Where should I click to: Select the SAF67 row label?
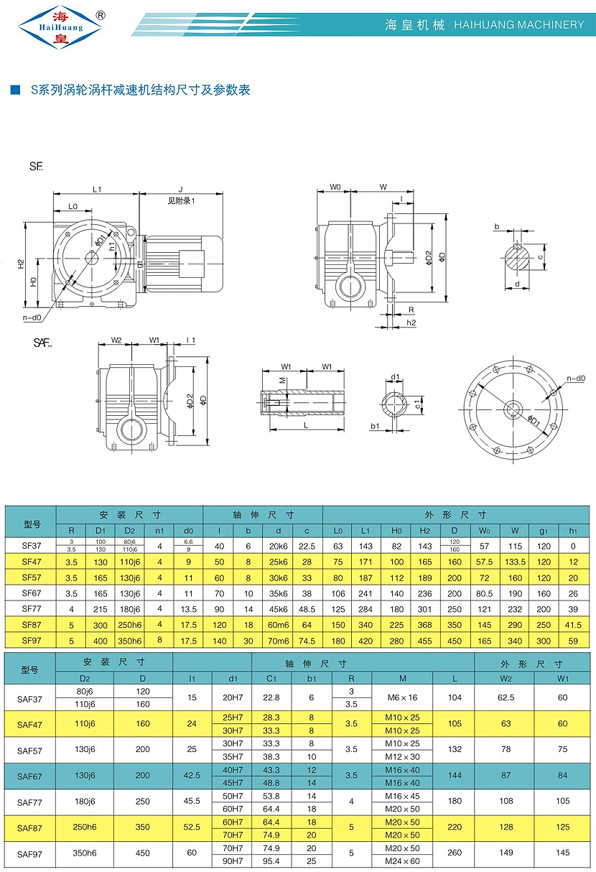click(x=31, y=776)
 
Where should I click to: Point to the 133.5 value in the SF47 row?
click(x=515, y=561)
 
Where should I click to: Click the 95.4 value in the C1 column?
click(x=271, y=861)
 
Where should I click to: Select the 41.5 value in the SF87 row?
click(x=572, y=626)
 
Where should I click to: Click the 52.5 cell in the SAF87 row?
click(x=191, y=828)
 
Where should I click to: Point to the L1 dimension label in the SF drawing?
click(x=97, y=189)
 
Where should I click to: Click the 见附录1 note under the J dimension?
click(x=181, y=202)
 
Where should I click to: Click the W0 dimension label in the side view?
click(x=335, y=187)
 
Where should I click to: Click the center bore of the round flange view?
click(x=513, y=409)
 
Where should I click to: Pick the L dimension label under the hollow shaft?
click(x=307, y=425)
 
